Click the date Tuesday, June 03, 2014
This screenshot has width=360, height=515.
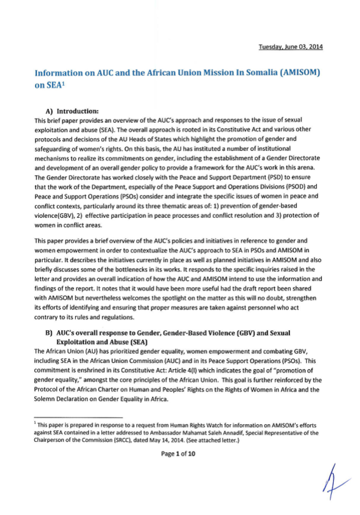[291, 47]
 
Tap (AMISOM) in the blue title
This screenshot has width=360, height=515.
[300, 72]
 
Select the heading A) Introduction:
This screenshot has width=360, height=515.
[72, 111]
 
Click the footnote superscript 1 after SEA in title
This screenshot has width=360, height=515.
[63, 83]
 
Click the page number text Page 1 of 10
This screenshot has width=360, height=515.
[178, 454]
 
